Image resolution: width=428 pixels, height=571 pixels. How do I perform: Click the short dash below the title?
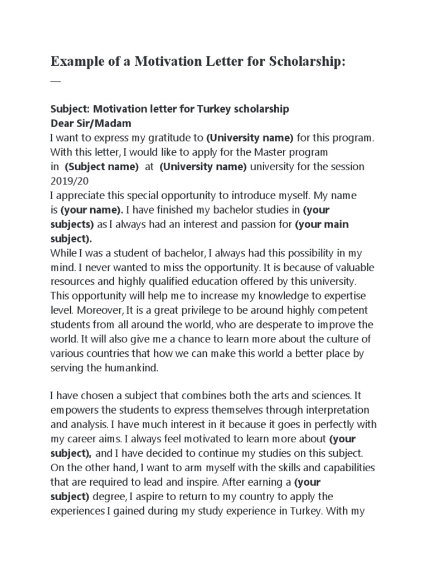(x=55, y=81)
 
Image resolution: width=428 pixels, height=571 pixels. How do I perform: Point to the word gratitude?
(x=168, y=137)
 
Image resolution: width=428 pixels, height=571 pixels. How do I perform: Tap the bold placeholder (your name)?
(x=91, y=210)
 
